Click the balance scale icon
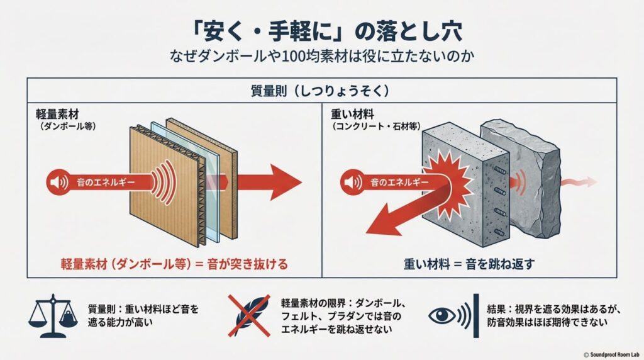tap(55, 315)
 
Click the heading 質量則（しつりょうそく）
tap(321, 91)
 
